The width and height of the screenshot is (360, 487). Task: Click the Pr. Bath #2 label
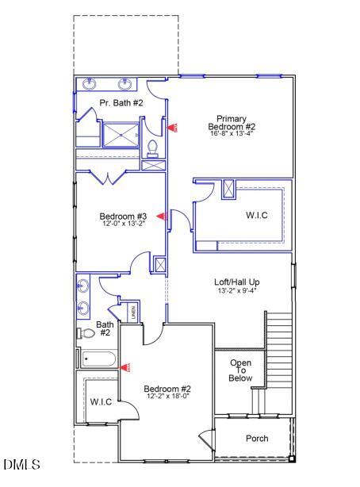pos(121,103)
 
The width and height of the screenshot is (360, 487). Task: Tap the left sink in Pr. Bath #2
pos(87,83)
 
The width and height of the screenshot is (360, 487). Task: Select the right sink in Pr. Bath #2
pos(125,83)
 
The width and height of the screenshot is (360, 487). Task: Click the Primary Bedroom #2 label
pos(232,122)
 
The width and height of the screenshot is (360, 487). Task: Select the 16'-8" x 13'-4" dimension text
pos(232,134)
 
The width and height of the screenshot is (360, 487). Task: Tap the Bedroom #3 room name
pos(123,216)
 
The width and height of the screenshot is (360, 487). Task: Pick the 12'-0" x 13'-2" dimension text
pos(123,224)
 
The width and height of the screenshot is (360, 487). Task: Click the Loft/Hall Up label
pos(237,282)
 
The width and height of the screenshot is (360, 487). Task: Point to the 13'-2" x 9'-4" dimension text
pos(237,290)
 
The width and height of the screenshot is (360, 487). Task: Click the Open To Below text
pos(240,370)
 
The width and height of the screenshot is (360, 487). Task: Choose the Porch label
pos(256,438)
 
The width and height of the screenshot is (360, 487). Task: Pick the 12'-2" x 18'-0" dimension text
pos(167,397)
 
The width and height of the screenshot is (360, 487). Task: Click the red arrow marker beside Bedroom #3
pos(160,216)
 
